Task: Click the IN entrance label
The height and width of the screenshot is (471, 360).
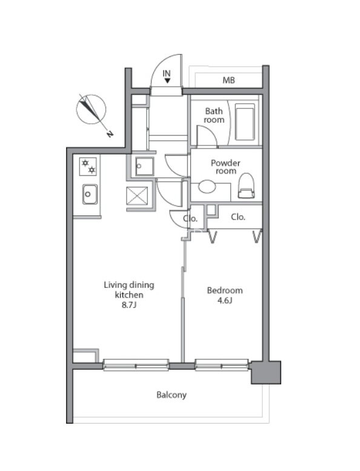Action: coord(167,73)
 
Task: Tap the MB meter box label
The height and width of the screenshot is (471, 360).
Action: coord(228,80)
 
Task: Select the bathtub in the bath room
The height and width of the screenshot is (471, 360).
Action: coord(245,122)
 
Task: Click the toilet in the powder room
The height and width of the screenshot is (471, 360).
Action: coord(247,185)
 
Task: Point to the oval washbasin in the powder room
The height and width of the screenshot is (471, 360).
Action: coord(207,186)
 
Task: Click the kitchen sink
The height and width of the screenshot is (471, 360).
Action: coord(90,194)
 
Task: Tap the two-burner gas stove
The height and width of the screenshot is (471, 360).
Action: coord(88,167)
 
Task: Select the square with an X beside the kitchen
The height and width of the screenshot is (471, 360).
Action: coord(137,196)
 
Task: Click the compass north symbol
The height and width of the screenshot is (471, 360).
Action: coord(91,109)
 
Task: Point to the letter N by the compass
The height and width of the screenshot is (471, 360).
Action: coord(110,134)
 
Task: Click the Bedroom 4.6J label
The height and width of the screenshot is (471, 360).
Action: coord(225,295)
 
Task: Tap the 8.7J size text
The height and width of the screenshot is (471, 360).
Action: coord(129,305)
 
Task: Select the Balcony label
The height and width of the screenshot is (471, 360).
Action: coord(172,395)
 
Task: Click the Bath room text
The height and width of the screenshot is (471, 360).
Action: coord(214,115)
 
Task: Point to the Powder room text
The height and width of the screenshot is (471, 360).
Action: coord(225,167)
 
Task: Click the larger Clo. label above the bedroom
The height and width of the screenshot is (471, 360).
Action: coord(238,217)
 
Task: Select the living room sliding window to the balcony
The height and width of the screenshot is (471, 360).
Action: coord(136,365)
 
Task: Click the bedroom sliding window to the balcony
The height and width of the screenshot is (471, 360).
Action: coord(222,365)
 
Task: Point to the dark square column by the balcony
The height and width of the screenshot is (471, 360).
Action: coord(266,372)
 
